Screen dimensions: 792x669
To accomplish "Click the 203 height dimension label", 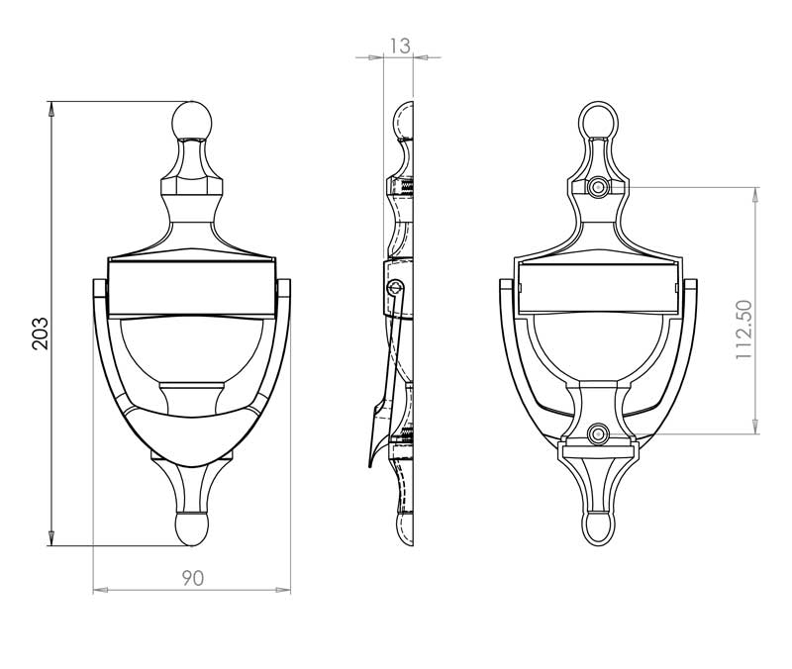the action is click(x=40, y=334).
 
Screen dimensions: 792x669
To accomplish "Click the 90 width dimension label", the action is click(x=192, y=578).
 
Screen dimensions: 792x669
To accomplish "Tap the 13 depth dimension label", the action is click(x=400, y=46).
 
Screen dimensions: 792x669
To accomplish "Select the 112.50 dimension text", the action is click(x=743, y=330).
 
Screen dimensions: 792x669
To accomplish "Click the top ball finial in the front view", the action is click(x=192, y=121).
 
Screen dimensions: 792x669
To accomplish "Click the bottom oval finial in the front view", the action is click(x=192, y=529).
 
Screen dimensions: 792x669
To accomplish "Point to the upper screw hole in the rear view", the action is click(x=598, y=187).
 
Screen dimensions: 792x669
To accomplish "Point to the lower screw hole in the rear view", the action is click(x=598, y=434).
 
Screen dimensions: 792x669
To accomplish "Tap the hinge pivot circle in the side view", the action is click(x=395, y=288).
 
